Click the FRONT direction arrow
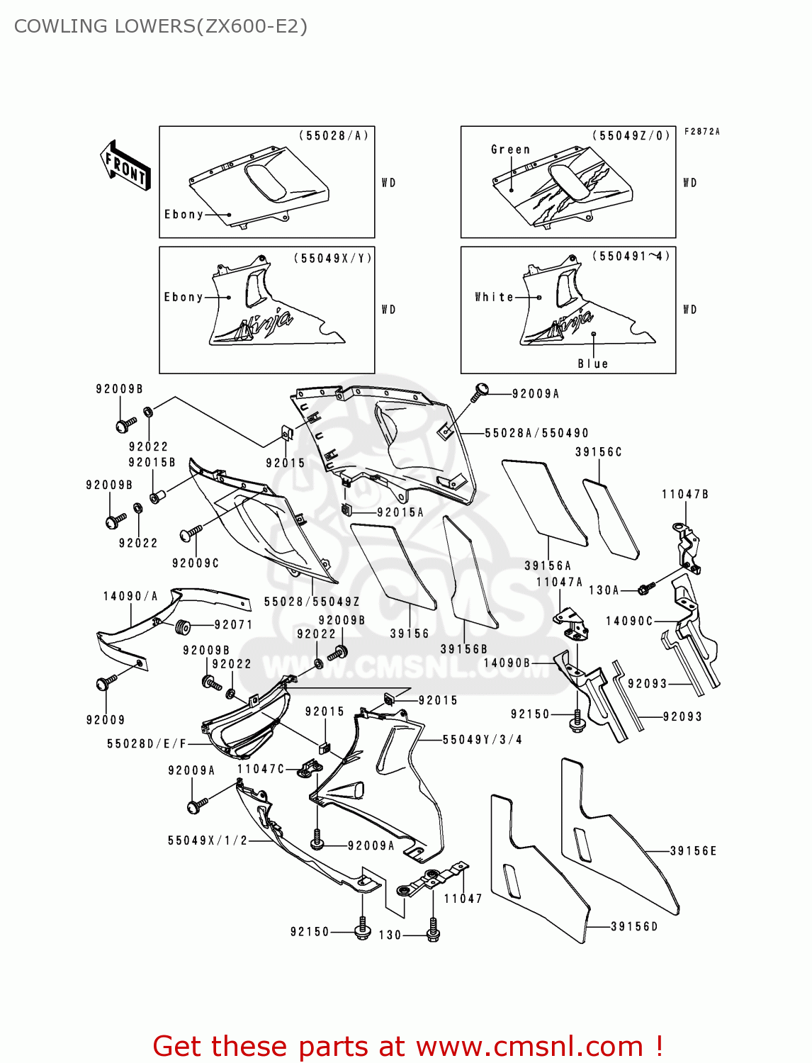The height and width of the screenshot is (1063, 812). pos(125,166)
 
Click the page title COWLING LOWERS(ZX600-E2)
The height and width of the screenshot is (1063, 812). pos(161,26)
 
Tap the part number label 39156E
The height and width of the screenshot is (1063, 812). pos(693,850)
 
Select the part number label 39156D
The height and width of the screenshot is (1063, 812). pos(634,926)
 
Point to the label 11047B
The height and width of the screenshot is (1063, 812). pos(685,494)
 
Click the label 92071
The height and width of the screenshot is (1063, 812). pos(234,624)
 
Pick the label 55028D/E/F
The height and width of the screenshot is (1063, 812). pos(147,743)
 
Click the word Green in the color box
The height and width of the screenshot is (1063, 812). pos(510,150)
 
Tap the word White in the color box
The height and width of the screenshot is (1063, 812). pos(494,297)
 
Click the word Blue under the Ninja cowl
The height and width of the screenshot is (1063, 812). pos(592,364)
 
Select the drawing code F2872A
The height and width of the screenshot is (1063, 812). pos(701,132)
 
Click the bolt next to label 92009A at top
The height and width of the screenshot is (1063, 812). pos(480,391)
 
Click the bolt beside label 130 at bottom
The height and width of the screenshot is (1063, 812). pos(433,930)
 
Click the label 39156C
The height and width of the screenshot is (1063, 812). pos(598,452)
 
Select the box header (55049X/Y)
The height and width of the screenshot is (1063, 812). pos(332,258)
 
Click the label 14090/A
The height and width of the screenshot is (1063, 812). pos(130,596)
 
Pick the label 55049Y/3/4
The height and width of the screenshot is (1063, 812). pos(483,739)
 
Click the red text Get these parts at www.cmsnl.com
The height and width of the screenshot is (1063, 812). pos(407,1046)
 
